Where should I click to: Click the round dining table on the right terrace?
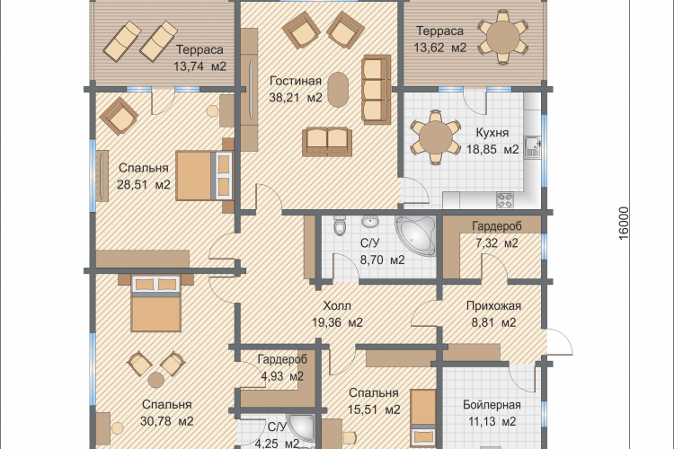(x=503, y=37)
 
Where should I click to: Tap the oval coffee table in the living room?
(x=339, y=90)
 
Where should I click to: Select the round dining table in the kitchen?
(x=436, y=137)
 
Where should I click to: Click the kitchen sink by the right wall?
(x=533, y=147)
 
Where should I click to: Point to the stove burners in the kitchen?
(x=504, y=199)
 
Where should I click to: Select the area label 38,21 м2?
(x=296, y=98)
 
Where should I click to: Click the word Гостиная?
(x=296, y=81)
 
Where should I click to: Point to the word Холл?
(x=337, y=306)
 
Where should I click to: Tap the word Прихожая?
(x=494, y=306)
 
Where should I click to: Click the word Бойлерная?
(x=492, y=405)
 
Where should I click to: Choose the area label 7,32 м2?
(x=497, y=243)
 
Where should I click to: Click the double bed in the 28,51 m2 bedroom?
(x=204, y=175)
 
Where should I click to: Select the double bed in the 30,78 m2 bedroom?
(x=155, y=304)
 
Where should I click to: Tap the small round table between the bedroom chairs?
(x=155, y=380)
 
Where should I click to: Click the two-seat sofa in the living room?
(x=327, y=142)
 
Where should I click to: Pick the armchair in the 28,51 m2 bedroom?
(x=119, y=116)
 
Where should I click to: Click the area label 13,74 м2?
(x=200, y=66)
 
